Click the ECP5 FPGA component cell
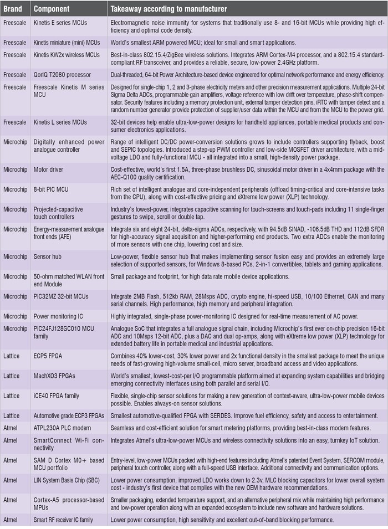50,359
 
